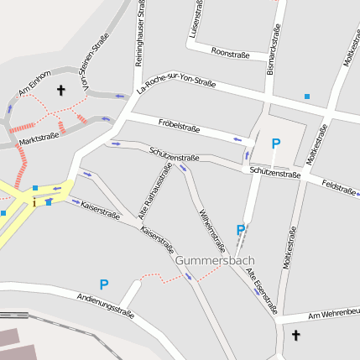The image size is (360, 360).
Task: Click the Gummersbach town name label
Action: [214, 261]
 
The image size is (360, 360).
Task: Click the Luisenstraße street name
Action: [197, 20]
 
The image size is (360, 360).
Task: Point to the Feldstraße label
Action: [339, 188]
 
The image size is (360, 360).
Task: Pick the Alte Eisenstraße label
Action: [265, 285]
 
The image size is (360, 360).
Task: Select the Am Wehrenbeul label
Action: [333, 314]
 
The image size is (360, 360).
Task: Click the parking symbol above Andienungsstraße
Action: [104, 284]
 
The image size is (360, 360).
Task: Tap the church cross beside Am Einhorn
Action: [60, 89]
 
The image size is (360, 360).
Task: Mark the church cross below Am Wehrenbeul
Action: [295, 335]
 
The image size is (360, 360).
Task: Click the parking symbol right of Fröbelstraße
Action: [275, 143]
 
